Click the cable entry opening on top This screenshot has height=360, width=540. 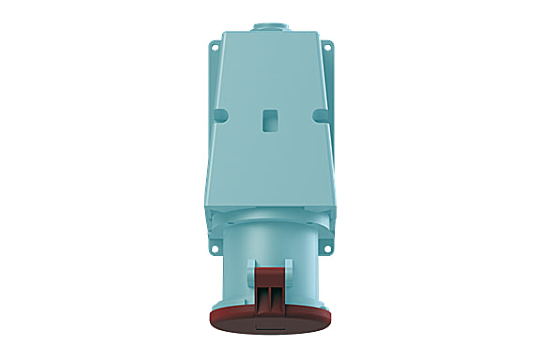coord(269,21)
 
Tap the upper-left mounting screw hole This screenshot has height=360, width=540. coord(217,45)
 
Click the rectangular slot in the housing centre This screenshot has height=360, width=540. coord(269,120)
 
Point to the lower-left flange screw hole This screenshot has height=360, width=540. coord(216,250)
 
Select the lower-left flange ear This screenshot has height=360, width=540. coord(217,246)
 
